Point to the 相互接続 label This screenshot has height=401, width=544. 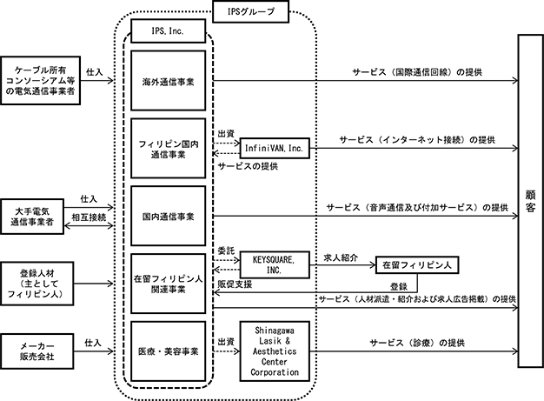click(89, 217)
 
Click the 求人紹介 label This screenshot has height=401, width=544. click(341, 257)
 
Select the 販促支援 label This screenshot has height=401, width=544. click(235, 284)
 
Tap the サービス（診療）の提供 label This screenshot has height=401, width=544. click(417, 343)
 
